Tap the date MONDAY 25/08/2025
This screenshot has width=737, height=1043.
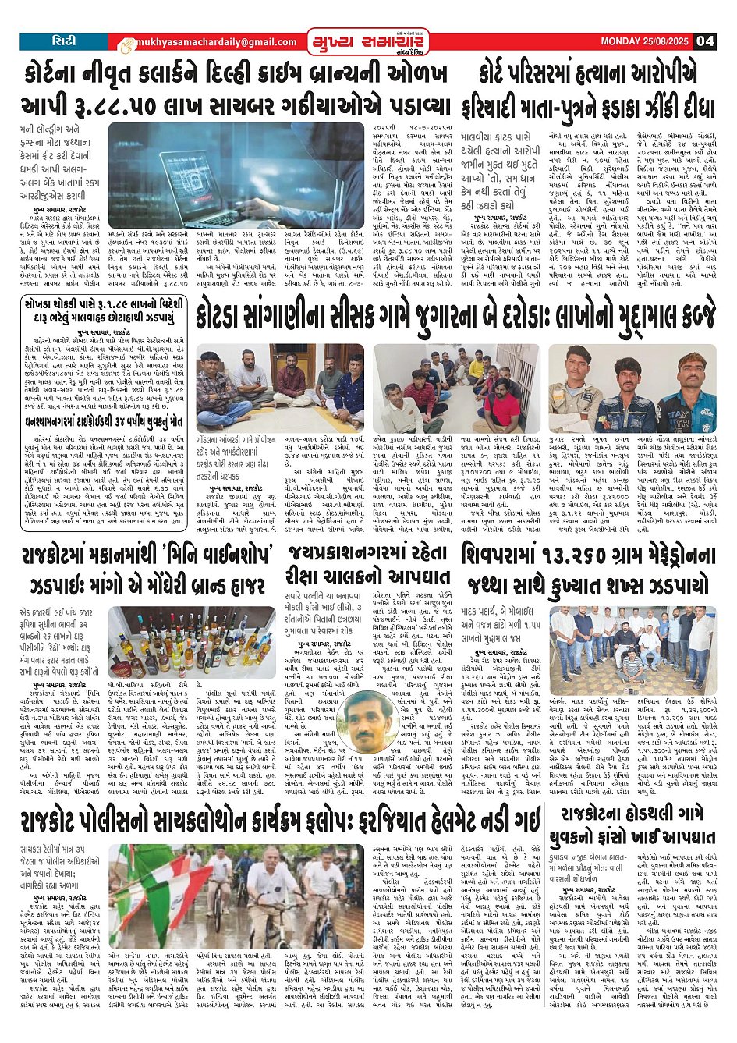click(646, 41)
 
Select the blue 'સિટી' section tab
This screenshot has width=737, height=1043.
click(63, 41)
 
